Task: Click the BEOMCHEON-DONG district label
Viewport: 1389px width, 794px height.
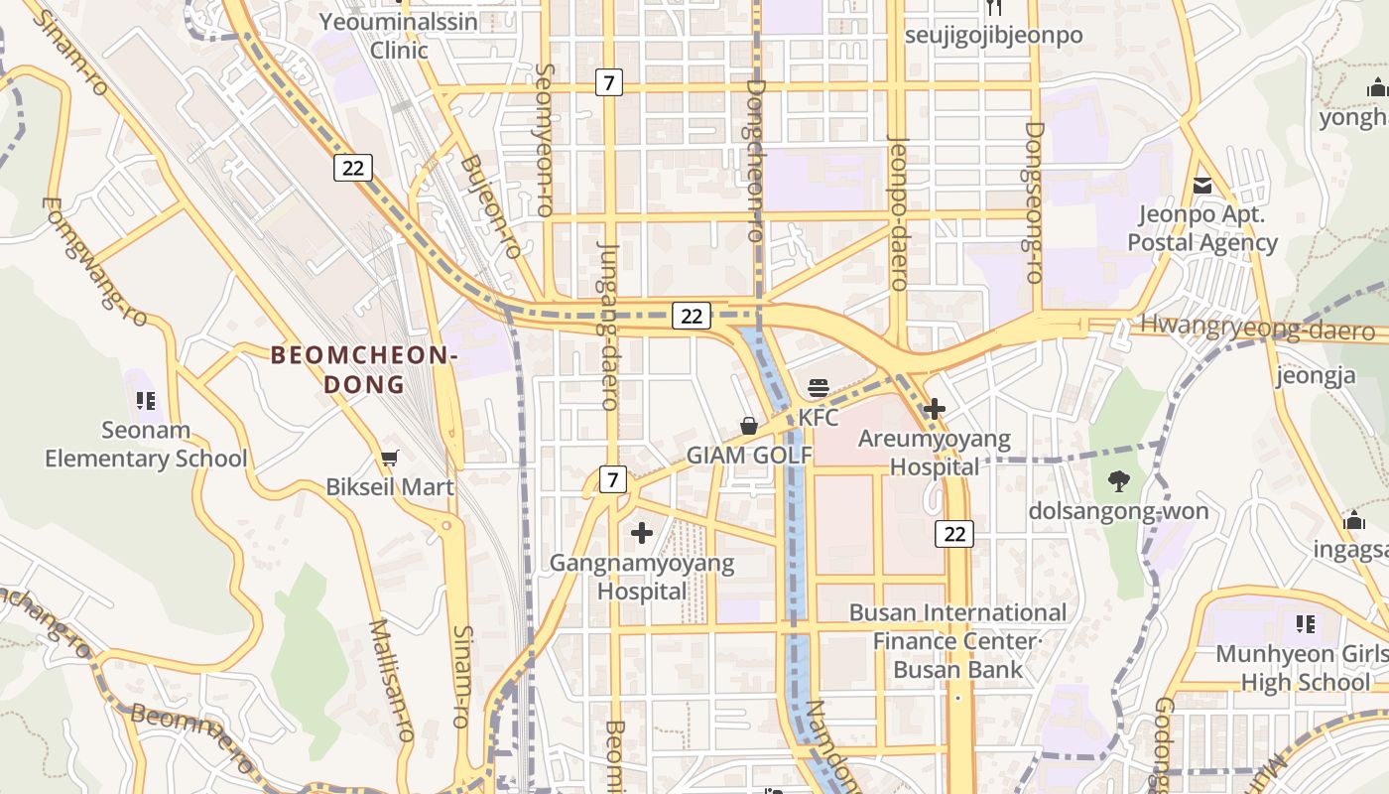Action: point(363,369)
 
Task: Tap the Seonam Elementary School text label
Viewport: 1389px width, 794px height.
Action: point(146,445)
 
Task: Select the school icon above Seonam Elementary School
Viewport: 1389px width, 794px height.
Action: point(145,401)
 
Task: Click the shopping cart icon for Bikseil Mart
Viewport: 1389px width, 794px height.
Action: point(390,458)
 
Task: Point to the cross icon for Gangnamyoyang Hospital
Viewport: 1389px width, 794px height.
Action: point(642,533)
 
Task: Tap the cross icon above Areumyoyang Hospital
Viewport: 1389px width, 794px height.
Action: point(934,408)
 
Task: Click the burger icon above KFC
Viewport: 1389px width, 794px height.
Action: point(819,388)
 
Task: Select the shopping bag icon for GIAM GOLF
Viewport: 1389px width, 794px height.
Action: point(749,426)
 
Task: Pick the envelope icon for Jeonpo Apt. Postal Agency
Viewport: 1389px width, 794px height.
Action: point(1202,185)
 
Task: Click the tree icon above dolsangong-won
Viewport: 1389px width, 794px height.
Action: point(1118,481)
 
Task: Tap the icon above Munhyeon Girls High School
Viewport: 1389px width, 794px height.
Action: point(1306,624)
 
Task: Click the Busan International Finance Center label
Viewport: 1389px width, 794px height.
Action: point(956,626)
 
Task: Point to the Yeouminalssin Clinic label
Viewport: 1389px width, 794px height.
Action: point(399,36)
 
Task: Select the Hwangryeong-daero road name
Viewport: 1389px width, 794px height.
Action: point(1257,328)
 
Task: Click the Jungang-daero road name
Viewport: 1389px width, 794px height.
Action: point(608,326)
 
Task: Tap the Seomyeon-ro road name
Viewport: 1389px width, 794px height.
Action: point(545,140)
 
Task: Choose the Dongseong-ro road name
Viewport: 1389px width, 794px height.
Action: point(1035,202)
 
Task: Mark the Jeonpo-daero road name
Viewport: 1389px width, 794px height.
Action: point(898,212)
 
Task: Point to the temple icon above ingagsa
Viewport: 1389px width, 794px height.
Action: point(1354,520)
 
